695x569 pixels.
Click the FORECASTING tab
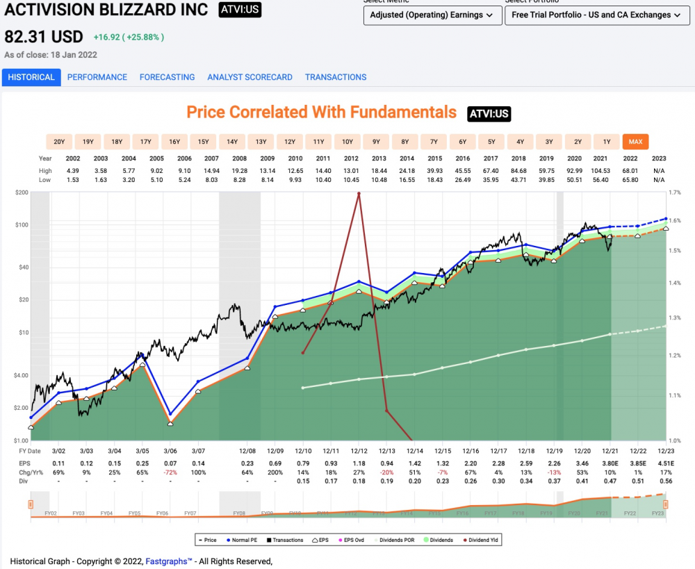click(x=167, y=77)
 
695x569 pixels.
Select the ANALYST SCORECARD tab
click(x=250, y=77)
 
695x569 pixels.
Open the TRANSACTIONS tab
click(x=335, y=77)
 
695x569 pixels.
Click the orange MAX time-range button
click(x=635, y=142)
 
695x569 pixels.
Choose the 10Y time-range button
click(x=347, y=142)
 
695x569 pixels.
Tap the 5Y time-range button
click(x=491, y=142)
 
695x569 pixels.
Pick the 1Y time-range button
click(x=607, y=142)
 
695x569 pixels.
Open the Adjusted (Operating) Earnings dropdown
click(x=432, y=15)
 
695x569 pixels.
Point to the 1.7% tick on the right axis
click(x=674, y=192)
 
